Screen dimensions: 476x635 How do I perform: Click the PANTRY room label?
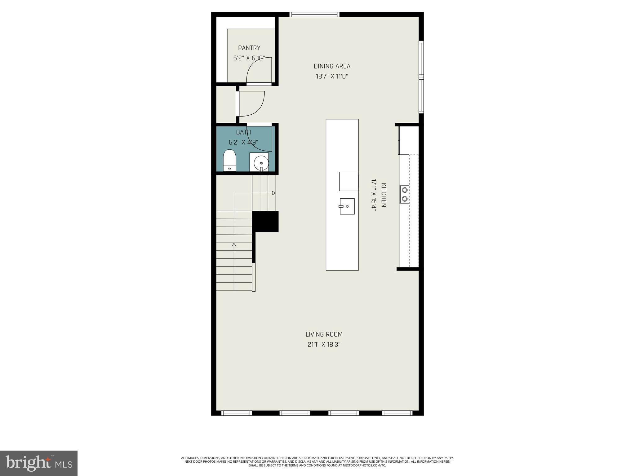pos(249,48)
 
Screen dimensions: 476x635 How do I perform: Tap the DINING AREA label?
pos(332,66)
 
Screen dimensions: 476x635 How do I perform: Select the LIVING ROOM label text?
pos(324,334)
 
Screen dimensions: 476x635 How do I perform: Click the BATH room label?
pos(243,132)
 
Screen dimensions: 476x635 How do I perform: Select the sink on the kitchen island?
pos(347,206)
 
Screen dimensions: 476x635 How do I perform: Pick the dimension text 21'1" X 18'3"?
pos(324,345)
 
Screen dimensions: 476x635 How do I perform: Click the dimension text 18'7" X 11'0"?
pos(332,77)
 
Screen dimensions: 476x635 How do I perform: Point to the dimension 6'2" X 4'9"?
pos(243,143)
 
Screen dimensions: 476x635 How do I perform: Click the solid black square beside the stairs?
pos(265,221)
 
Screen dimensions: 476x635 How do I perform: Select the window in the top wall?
pos(314,14)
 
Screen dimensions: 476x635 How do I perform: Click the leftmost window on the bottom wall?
pos(237,413)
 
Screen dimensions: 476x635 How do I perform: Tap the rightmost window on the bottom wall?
pos(397,413)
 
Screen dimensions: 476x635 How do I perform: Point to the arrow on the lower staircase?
pos(234,245)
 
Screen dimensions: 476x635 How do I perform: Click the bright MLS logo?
pos(38,463)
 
